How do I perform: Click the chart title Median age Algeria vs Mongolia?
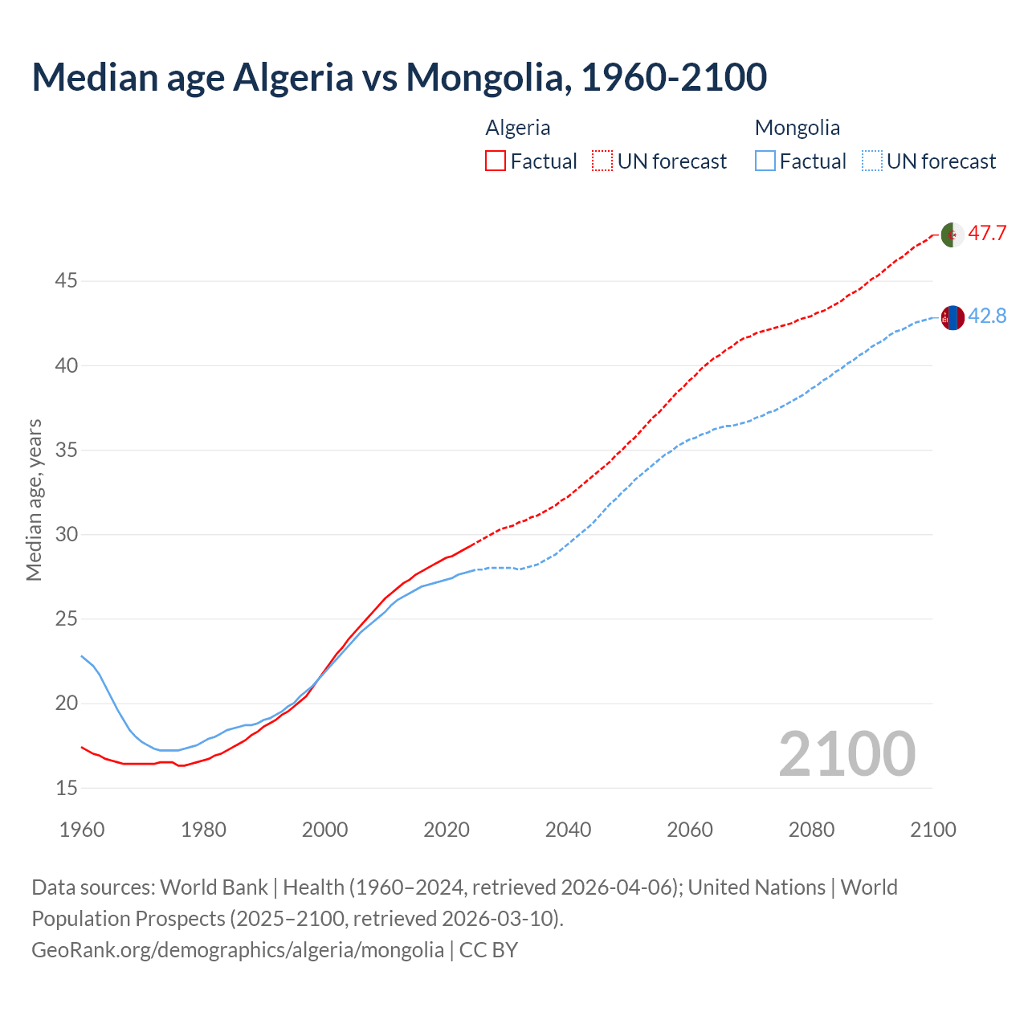click(x=399, y=77)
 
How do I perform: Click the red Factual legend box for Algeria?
click(x=496, y=161)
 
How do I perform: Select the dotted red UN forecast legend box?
click(x=602, y=161)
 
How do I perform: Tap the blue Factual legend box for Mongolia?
click(x=765, y=161)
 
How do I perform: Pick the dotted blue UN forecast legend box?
click(x=871, y=161)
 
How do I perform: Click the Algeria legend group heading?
click(x=518, y=128)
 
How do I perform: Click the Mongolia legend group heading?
click(x=797, y=128)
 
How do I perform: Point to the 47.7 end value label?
click(x=987, y=234)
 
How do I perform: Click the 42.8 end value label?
click(x=987, y=316)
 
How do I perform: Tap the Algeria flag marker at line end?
click(x=953, y=235)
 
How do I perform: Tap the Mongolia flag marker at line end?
click(x=953, y=318)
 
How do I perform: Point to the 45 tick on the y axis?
click(x=66, y=281)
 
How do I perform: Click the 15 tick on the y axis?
click(x=66, y=789)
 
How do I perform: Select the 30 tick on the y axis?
click(x=66, y=535)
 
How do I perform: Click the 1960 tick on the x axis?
click(x=82, y=830)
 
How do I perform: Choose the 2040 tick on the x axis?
click(x=568, y=830)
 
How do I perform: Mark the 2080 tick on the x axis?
click(x=811, y=830)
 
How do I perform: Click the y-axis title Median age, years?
click(x=34, y=500)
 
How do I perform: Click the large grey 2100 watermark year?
click(x=846, y=753)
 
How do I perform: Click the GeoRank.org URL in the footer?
click(x=238, y=950)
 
